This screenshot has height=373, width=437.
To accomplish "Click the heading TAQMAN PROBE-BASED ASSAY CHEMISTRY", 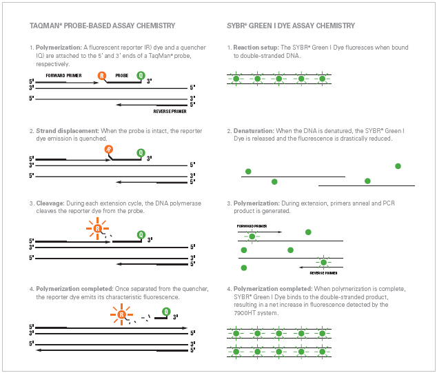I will (102, 26).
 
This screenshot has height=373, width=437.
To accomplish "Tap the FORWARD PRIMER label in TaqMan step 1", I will (64, 74).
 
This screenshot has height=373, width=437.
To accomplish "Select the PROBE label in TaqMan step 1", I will (121, 74).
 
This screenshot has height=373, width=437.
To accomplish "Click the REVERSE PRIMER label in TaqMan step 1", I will (171, 111).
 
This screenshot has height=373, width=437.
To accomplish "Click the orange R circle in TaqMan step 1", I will (103, 75).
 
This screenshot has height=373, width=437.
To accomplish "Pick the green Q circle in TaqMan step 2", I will (141, 152).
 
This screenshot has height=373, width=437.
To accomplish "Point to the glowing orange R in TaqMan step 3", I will (97, 228).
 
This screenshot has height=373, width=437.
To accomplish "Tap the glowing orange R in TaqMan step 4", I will (121, 316).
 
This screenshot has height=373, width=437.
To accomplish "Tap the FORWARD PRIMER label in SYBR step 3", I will (252, 225).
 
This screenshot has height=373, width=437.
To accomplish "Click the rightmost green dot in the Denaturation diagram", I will (398, 166).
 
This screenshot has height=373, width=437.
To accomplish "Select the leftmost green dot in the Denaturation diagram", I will (248, 171).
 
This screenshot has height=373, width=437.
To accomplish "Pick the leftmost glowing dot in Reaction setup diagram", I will (236, 79).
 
